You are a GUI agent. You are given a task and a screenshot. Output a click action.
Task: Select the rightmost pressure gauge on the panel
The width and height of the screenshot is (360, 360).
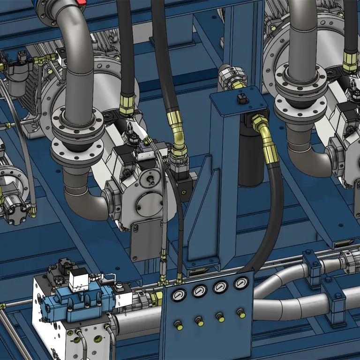pos(241,283)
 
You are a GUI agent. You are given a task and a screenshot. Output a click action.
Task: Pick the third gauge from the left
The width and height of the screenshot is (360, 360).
pos(220,287)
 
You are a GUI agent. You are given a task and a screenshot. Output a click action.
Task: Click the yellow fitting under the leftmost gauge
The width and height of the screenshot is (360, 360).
pos(179,324)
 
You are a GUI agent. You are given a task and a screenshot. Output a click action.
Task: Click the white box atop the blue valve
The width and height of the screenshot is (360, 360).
pos(78,281)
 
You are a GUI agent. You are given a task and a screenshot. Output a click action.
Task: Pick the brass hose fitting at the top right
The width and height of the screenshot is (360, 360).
pos(350,61)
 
